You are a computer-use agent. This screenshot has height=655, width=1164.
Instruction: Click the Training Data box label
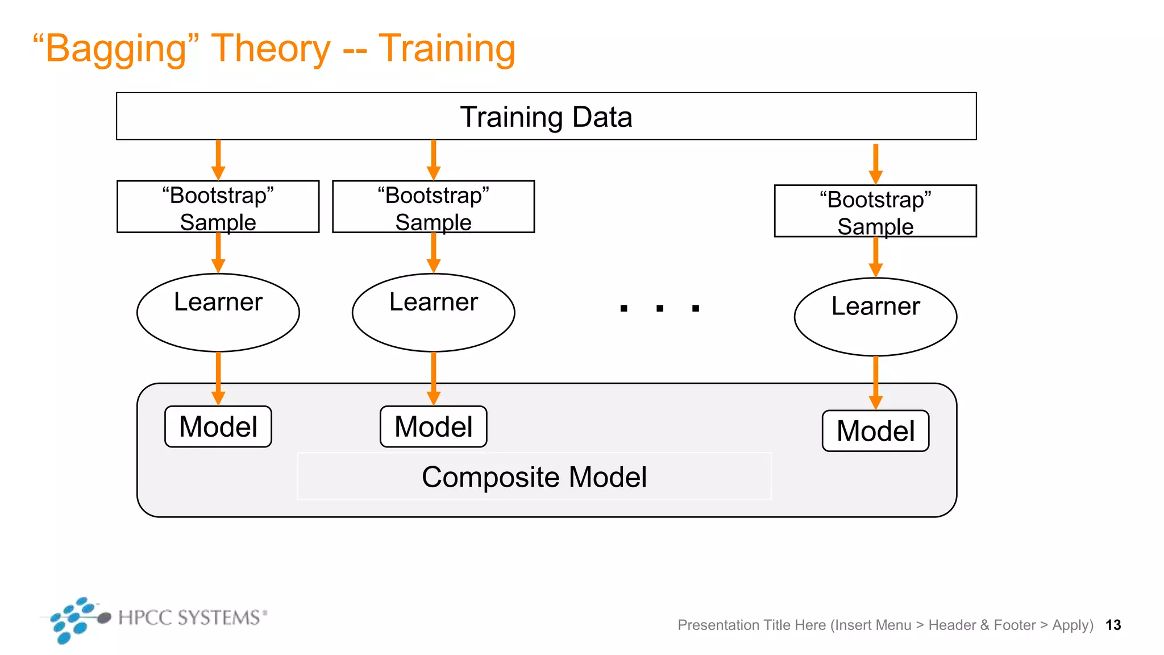pos(546,117)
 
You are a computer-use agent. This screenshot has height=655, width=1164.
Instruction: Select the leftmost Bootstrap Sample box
pos(218,207)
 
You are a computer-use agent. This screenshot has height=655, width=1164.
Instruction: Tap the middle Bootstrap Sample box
pos(433,207)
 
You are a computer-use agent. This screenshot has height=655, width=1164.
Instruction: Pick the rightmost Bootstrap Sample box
pos(875,211)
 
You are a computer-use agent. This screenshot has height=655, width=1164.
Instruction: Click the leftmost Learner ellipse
pos(218,313)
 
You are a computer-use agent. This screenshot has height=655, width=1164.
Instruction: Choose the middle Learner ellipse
pos(433,313)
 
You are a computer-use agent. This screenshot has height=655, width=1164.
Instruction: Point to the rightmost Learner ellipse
pos(875,317)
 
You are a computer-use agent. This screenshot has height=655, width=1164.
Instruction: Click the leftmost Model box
pos(218,426)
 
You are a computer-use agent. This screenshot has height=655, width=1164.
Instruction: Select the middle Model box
pos(433,426)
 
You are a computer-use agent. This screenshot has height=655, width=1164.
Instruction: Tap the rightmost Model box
pos(875,431)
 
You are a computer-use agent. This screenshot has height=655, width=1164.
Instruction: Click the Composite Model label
pos(534,476)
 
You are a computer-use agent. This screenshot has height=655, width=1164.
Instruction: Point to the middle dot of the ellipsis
pos(660,308)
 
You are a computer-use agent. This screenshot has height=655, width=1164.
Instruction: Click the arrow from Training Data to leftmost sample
pos(218,160)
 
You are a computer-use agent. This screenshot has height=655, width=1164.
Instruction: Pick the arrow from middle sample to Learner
pos(434,252)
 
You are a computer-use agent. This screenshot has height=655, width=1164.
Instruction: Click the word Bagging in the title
pos(116,49)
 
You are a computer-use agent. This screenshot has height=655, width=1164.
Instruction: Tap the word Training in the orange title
pos(447,49)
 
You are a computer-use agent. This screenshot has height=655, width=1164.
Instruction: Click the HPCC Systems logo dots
pos(74,620)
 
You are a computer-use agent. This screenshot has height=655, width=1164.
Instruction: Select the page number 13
pos(1113,625)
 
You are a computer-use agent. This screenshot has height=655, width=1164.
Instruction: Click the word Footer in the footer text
pos(1015,625)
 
